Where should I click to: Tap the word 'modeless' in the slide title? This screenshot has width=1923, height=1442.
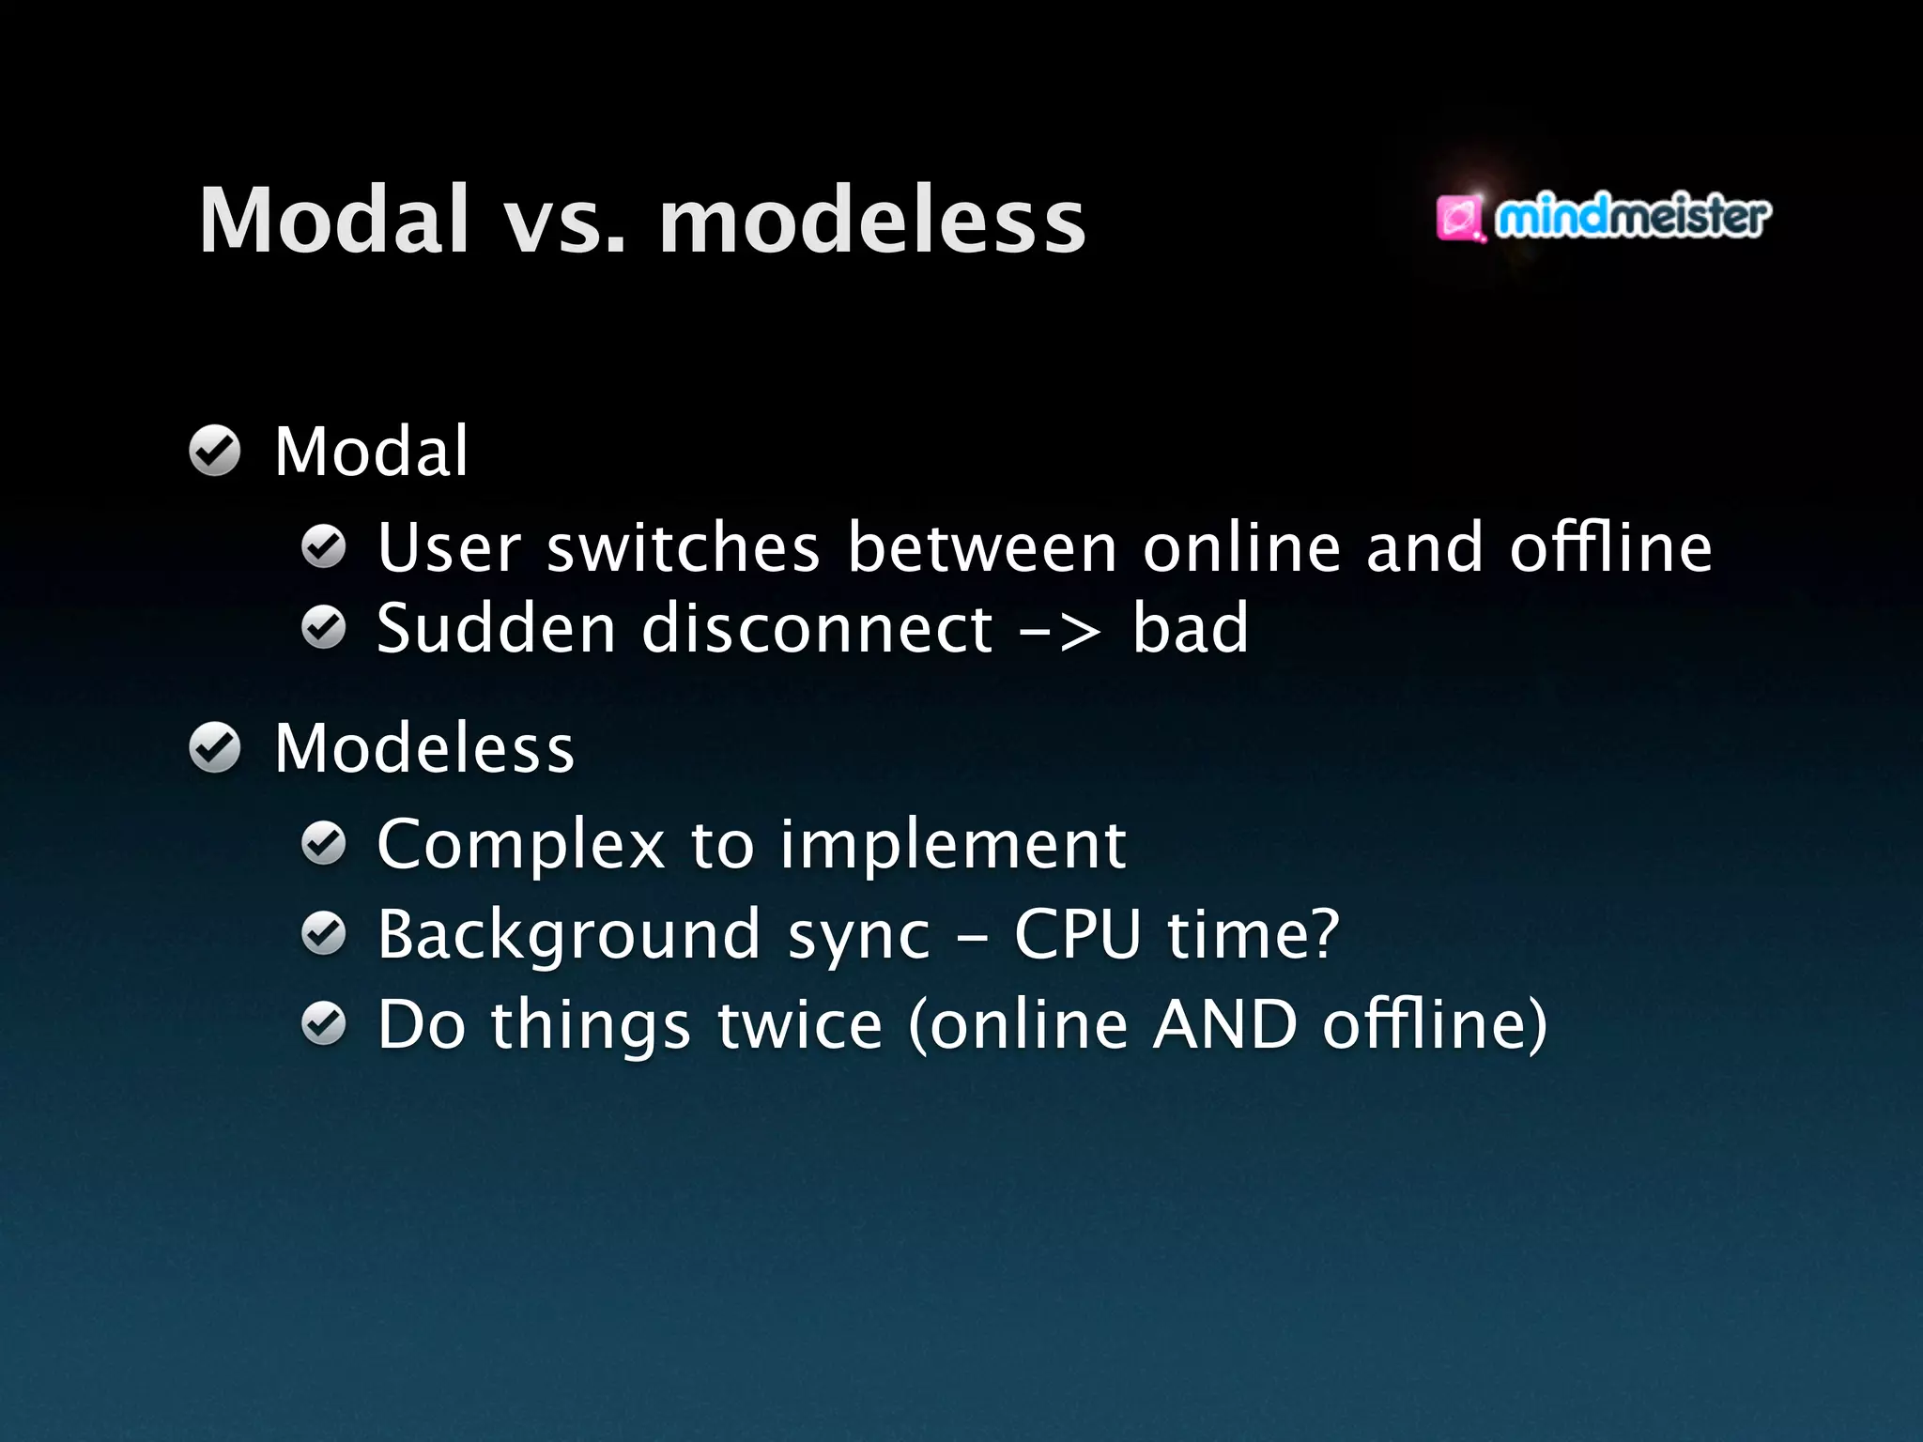tap(872, 222)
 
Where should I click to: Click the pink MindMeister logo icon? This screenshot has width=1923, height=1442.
tap(1459, 219)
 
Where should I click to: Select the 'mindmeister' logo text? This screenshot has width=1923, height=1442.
tap(1632, 217)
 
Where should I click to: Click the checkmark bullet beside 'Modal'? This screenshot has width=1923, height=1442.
tap(215, 452)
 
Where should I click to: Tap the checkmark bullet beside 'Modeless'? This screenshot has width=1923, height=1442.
tap(215, 748)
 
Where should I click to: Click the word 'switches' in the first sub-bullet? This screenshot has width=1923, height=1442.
tap(683, 548)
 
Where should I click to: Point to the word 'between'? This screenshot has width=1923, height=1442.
tap(982, 548)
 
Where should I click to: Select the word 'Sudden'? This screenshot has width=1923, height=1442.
tap(496, 629)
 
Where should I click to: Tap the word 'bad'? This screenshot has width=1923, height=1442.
tap(1191, 629)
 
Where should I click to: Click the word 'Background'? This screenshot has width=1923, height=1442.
tap(569, 936)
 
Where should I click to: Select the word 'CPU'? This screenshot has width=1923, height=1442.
tap(1077, 935)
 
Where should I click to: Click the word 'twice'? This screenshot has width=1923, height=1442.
tap(800, 1024)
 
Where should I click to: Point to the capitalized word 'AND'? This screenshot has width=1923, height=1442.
tap(1225, 1024)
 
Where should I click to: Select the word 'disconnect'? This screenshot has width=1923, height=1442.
tap(816, 629)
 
